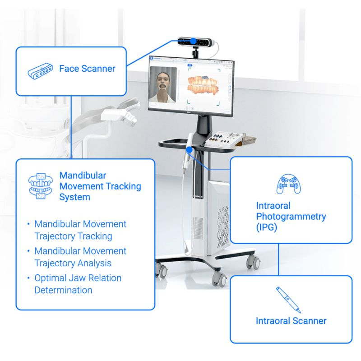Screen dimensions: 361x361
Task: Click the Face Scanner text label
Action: pos(87,69)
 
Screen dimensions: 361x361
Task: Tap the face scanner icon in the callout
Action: pos(41,71)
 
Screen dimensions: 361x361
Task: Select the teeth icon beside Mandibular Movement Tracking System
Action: pos(41,186)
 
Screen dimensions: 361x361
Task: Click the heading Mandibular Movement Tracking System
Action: pos(100,186)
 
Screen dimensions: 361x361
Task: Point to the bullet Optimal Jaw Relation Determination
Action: pos(78,284)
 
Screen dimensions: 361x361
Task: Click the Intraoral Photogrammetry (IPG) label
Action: pos(291,217)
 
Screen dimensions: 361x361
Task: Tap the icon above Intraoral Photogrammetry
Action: pos(289,184)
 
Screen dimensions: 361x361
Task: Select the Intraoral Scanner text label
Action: pos(291,321)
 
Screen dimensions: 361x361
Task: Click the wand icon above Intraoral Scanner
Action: pos(288,300)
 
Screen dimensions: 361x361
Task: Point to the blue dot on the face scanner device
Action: pos(194,41)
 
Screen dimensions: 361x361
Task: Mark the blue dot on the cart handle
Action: pos(189,150)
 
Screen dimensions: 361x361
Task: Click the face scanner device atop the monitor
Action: pos(196,42)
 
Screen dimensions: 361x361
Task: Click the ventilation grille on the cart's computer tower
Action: pos(223,227)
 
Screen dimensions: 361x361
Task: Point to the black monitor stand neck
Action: pos(204,125)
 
